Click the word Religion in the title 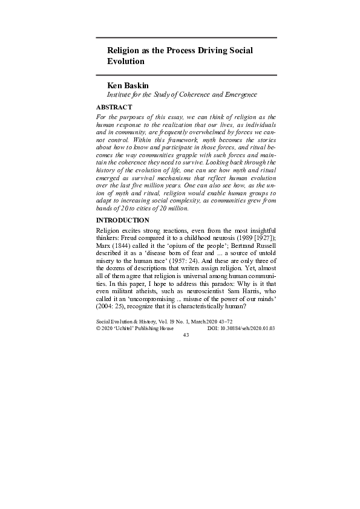(124, 51)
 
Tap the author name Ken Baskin (127, 86)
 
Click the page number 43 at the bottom (186, 334)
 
